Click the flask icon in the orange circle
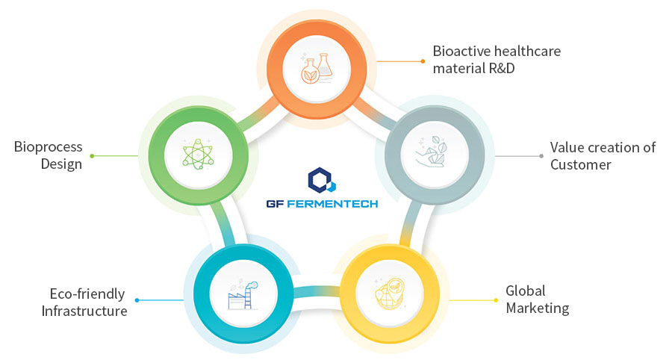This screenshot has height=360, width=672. point(317,69)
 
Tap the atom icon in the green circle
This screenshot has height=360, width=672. point(198,154)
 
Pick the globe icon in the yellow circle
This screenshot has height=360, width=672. point(390,294)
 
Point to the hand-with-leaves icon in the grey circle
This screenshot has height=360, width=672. point(432,152)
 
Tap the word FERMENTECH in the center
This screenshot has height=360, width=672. point(332,204)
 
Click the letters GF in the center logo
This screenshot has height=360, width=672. point(274,204)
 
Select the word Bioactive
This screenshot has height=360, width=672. point(461,51)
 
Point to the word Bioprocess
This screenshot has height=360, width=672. point(48,147)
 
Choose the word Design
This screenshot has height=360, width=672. point(61,164)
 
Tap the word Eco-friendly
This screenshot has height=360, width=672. point(87,294)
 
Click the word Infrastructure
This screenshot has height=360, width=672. point(84,311)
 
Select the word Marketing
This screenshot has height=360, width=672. point(538,308)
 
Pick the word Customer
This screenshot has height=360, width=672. point(581,164)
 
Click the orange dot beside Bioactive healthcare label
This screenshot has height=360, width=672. point(423,61)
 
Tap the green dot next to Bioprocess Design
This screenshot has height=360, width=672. point(92,156)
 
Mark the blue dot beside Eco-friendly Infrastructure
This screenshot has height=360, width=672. point(137,300)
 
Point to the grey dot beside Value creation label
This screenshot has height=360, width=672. point(541,156)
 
